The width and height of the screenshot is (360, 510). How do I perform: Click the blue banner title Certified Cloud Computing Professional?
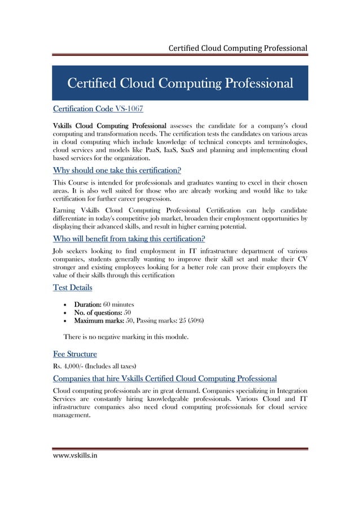click(180, 84)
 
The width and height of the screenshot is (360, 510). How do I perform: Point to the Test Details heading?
click(72, 288)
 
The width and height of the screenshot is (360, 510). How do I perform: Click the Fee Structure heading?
click(74, 354)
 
